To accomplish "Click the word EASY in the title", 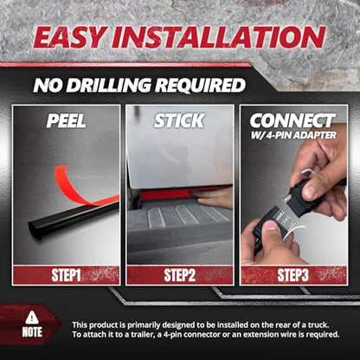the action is tap(68, 37).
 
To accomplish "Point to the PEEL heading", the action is tap(66, 120).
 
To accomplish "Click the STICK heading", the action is tap(179, 120).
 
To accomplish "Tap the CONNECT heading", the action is tap(292, 120).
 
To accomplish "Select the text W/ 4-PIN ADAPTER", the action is tap(293, 135).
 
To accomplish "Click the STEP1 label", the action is tap(66, 275).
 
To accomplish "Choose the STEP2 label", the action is tap(179, 275).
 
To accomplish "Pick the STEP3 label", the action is tap(292, 275).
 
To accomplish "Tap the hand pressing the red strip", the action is tap(214, 198).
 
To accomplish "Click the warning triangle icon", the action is tap(32, 318).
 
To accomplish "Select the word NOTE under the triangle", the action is tap(32, 332).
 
